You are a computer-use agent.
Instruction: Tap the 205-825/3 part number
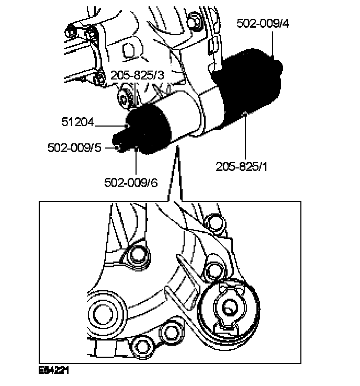138,76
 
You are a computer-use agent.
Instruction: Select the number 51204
77,123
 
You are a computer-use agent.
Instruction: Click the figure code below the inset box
54,370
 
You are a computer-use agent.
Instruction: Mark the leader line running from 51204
110,124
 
